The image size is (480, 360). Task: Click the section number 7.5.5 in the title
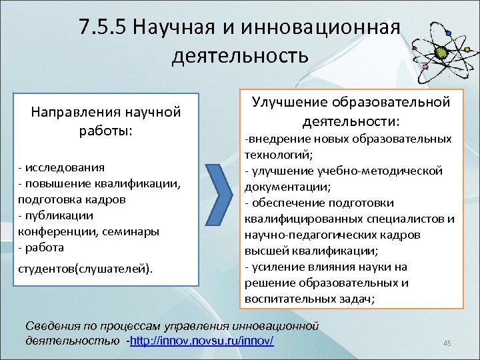[101, 27]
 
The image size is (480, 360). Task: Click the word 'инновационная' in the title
[323, 27]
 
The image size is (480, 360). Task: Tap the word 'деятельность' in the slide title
[240, 55]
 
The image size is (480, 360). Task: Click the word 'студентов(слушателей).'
[85, 269]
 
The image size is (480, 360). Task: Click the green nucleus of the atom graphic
[441, 52]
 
